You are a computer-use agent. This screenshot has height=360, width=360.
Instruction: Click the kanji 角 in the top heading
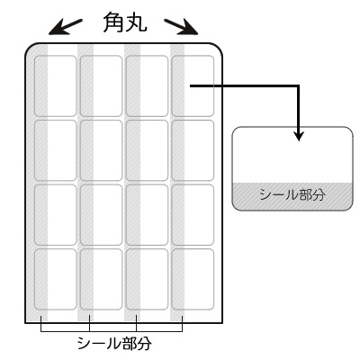click(x=112, y=22)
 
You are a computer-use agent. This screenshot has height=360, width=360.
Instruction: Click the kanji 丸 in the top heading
click(x=136, y=22)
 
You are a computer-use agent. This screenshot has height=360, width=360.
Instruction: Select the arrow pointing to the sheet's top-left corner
click(x=66, y=27)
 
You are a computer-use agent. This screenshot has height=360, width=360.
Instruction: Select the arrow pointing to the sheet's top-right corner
click(x=181, y=27)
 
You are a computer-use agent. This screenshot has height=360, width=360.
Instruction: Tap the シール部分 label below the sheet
click(x=114, y=344)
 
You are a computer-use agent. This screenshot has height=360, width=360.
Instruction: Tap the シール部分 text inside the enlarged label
click(x=292, y=195)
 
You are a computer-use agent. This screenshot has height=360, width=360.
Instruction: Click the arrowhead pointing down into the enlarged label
click(x=299, y=136)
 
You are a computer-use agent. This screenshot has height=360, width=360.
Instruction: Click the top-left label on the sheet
click(x=55, y=86)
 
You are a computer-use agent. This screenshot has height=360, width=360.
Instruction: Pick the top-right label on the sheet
click(x=193, y=86)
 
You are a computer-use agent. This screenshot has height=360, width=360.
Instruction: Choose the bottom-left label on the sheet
click(x=55, y=279)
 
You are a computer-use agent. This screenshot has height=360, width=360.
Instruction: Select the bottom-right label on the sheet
click(x=193, y=279)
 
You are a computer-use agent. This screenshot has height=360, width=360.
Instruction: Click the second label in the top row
click(x=101, y=86)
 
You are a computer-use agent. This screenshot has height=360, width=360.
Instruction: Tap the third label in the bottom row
click(x=147, y=279)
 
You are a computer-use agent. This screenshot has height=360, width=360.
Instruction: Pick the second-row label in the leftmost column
click(x=55, y=150)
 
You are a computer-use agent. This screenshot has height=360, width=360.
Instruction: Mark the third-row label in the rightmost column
click(x=193, y=215)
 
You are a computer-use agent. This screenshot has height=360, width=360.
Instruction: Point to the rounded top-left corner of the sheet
click(x=29, y=47)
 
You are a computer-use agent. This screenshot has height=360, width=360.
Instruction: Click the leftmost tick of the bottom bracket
click(x=41, y=323)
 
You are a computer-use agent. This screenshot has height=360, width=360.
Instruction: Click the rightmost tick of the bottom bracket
click(x=182, y=323)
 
